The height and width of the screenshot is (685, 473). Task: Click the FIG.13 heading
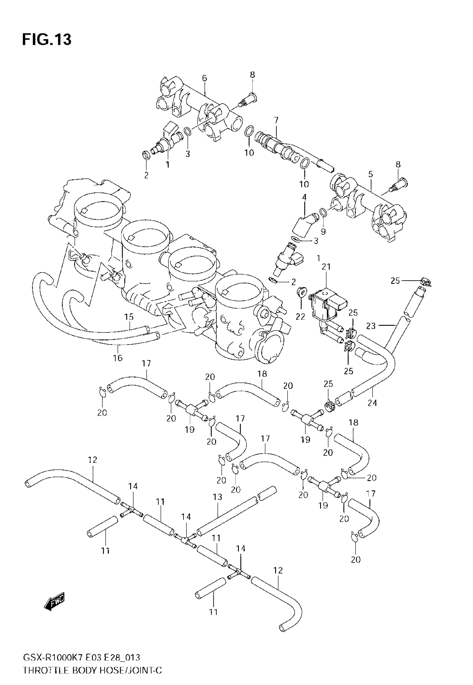point(47,40)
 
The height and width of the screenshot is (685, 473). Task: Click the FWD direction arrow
point(55,602)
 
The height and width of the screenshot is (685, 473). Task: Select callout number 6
point(205,78)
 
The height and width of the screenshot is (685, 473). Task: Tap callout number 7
point(276,120)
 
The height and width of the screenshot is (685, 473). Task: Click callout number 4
point(304,197)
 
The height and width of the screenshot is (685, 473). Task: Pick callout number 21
point(326,267)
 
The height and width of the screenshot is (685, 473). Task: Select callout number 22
point(300,316)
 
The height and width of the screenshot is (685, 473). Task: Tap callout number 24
point(372,403)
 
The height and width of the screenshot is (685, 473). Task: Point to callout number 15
point(129,317)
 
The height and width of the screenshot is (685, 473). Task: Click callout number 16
point(118,358)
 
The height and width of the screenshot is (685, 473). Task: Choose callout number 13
point(218,497)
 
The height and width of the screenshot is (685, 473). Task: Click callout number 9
point(323,231)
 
